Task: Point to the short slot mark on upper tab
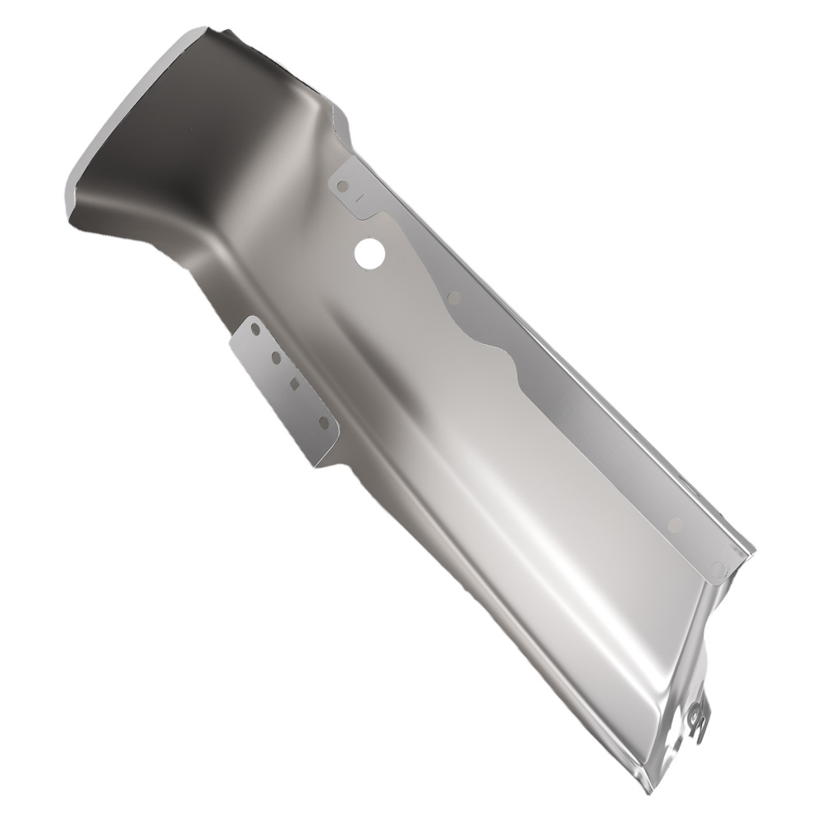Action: (x=360, y=197)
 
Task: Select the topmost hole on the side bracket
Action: (x=255, y=328)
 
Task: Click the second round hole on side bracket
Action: (x=276, y=358)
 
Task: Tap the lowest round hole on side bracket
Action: (x=323, y=423)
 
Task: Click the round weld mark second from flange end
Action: (x=676, y=524)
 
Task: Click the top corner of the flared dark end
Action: (x=197, y=31)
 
